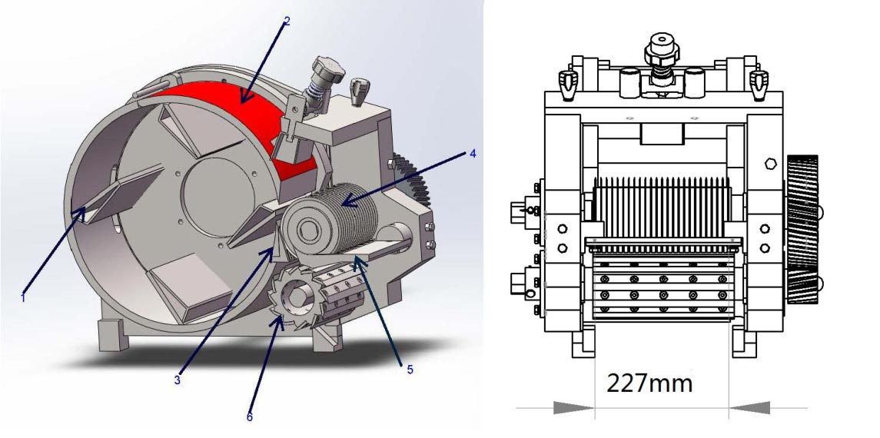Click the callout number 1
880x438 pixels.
(x=23, y=298)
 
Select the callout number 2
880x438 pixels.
(x=287, y=22)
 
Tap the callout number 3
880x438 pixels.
(x=178, y=380)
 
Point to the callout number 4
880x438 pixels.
(x=473, y=153)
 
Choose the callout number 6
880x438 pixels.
(x=250, y=416)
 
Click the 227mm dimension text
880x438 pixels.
(x=649, y=383)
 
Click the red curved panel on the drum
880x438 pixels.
(x=247, y=118)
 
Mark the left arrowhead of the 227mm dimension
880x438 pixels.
(x=573, y=408)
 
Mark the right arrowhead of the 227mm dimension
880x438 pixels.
(x=749, y=408)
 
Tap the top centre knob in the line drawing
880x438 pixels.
(x=662, y=55)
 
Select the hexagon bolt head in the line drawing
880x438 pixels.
(x=771, y=164)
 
